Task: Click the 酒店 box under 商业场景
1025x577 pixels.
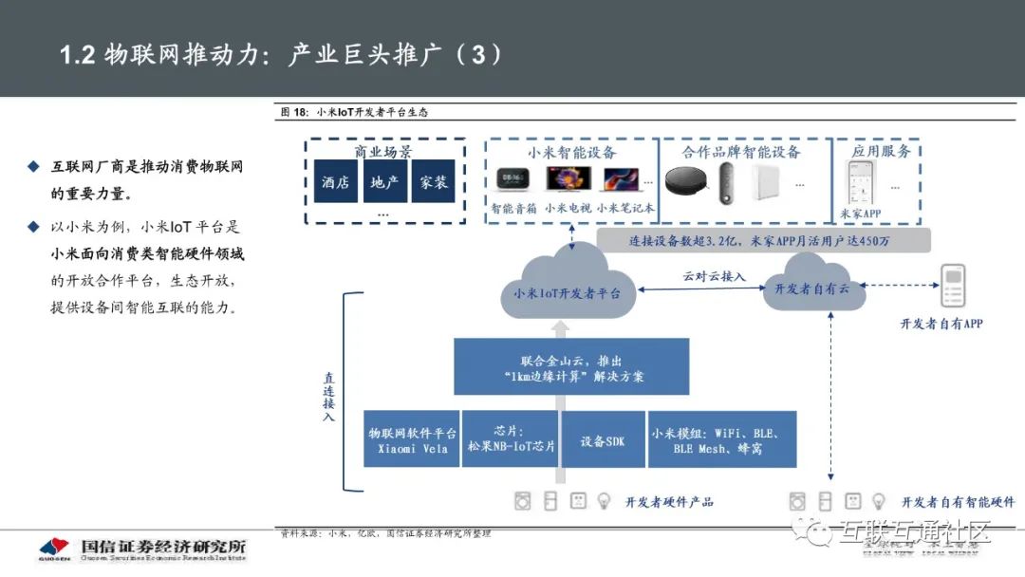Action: pyautogui.click(x=336, y=182)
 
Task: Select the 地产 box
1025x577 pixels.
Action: pyautogui.click(x=384, y=182)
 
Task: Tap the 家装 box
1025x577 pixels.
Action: pyautogui.click(x=433, y=182)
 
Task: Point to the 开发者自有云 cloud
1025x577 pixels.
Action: pyautogui.click(x=812, y=288)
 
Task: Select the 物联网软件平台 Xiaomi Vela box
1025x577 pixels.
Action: pyautogui.click(x=411, y=439)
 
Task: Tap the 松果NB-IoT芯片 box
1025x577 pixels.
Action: pyautogui.click(x=512, y=439)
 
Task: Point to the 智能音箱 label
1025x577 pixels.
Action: pyautogui.click(x=513, y=207)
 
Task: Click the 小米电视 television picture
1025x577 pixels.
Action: pyautogui.click(x=568, y=179)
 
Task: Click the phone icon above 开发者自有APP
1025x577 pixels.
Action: pyautogui.click(x=952, y=287)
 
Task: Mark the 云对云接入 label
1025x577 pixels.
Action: pyautogui.click(x=715, y=276)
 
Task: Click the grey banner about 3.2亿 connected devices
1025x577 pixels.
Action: pyautogui.click(x=763, y=240)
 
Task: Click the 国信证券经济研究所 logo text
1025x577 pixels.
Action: pyautogui.click(x=163, y=547)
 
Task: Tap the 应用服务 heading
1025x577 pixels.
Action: pyautogui.click(x=882, y=151)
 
